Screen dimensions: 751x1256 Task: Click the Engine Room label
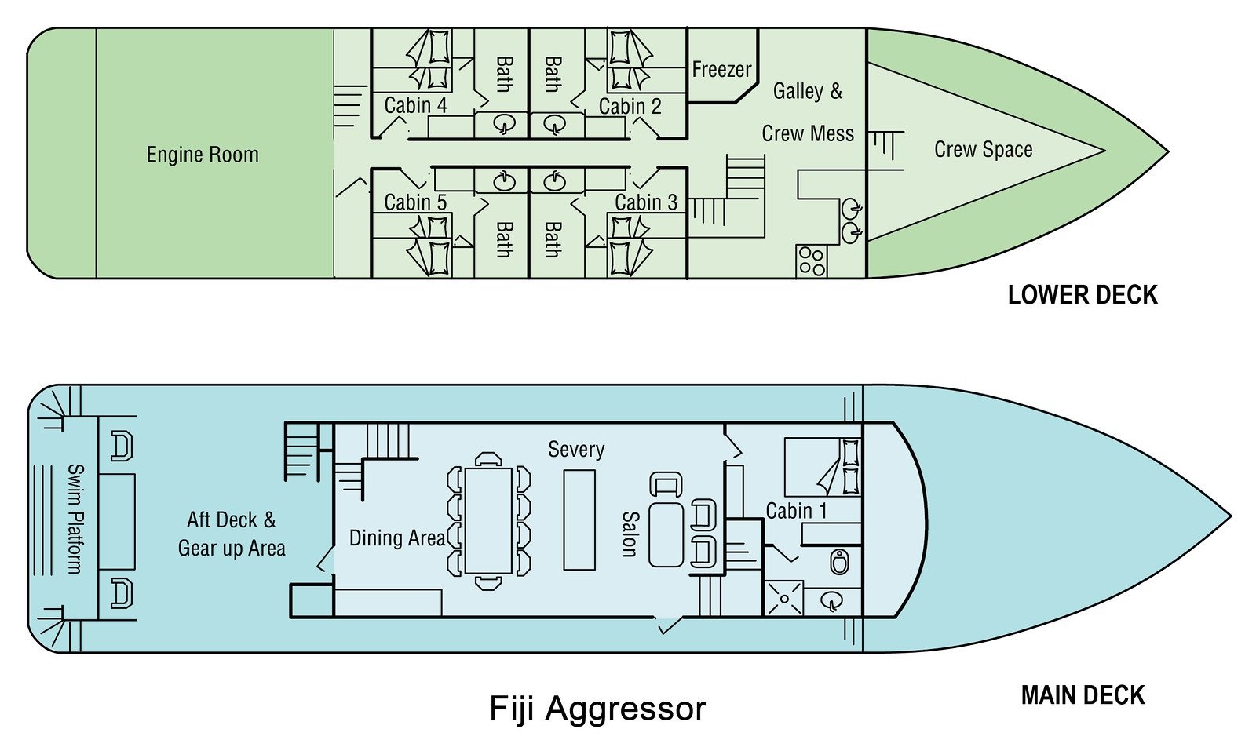pos(203,155)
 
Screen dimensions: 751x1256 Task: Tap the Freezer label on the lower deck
pos(721,70)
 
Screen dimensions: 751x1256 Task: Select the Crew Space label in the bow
pos(983,149)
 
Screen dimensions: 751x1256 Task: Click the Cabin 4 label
pos(415,105)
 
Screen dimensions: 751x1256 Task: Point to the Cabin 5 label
pos(415,202)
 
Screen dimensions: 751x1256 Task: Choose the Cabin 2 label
pos(630,106)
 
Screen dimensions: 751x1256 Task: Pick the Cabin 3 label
pos(645,202)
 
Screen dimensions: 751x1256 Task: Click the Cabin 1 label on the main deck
pos(796,511)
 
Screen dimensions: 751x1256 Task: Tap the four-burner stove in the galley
pos(812,261)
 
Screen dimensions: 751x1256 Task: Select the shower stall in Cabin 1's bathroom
pos(783,598)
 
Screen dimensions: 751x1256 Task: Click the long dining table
pos(488,520)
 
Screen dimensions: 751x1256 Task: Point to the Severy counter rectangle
pos(579,520)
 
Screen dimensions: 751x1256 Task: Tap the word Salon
pos(629,534)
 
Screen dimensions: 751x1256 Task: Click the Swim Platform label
pos(75,518)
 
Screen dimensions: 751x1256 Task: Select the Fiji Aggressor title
pos(597,708)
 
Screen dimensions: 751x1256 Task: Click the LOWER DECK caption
pos(1083,295)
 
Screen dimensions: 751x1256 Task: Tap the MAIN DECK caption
pos(1083,695)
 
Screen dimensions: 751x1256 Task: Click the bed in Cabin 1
pos(823,467)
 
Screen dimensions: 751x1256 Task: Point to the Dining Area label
pos(397,538)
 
